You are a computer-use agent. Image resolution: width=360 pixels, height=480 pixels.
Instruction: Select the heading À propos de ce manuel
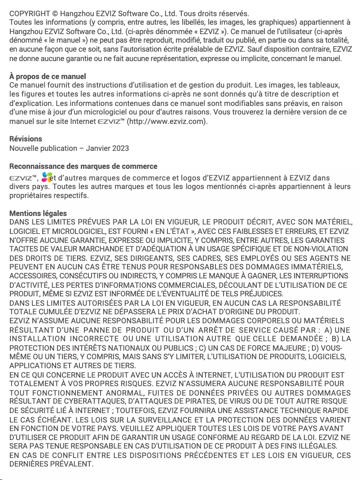pyautogui.click(x=48, y=76)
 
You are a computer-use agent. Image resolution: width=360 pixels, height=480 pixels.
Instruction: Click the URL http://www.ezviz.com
pyautogui.click(x=167, y=121)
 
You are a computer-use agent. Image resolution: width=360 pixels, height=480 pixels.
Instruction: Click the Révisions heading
pyautogui.click(x=26, y=139)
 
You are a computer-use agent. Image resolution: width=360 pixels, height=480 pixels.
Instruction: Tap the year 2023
pyautogui.click(x=120, y=148)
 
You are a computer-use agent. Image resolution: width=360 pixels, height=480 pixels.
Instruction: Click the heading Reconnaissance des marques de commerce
pyautogui.click(x=83, y=166)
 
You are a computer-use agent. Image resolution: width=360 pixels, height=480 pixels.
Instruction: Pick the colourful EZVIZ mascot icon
pyautogui.click(x=47, y=177)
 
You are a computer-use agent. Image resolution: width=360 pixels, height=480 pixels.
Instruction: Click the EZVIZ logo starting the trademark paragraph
pyautogui.click(x=21, y=178)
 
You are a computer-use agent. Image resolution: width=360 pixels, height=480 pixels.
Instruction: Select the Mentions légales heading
pyautogui.click(x=38, y=213)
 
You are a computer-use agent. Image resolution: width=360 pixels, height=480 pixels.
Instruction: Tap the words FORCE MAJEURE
pyautogui.click(x=255, y=348)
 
